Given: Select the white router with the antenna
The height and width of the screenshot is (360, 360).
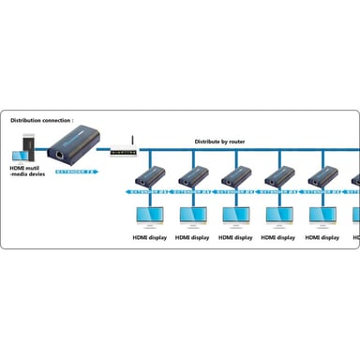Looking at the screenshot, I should tap(123, 151).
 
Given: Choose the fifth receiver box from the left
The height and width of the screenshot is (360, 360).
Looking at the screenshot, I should tap(323, 175).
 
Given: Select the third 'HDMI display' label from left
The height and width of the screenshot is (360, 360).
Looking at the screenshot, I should tap(235, 237).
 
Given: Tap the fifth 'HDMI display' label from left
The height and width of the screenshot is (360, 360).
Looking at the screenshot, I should tap(322, 237).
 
